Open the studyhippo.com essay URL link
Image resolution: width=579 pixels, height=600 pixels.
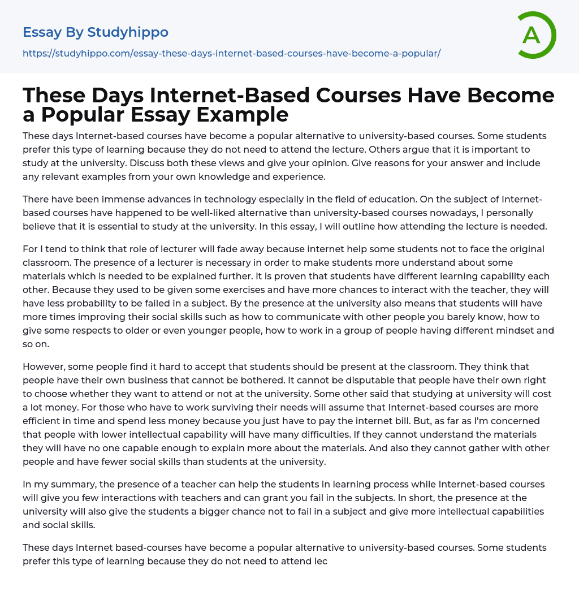(231, 54)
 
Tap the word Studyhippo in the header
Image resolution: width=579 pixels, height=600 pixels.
(128, 32)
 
